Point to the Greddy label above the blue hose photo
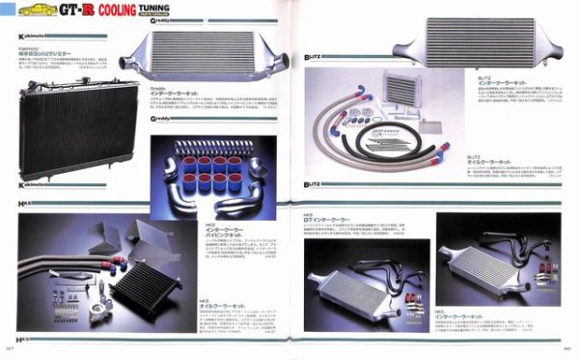(x=165, y=118)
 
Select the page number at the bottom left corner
(x=9, y=353)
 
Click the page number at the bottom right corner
(x=568, y=353)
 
